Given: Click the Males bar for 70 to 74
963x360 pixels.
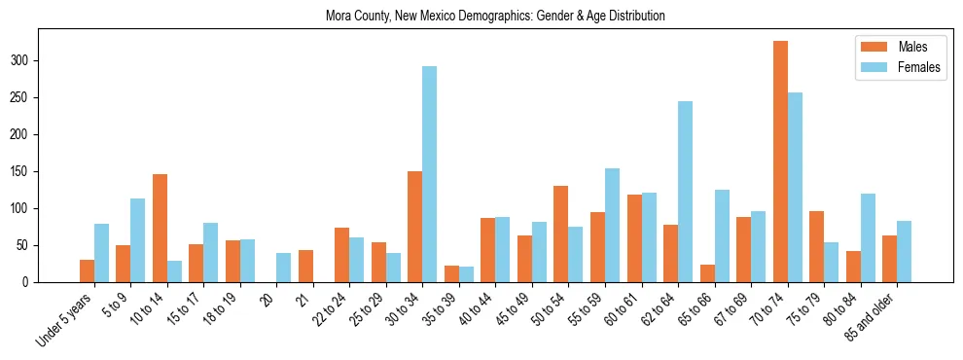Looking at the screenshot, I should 780,162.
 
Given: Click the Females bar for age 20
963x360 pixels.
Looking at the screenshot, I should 283,268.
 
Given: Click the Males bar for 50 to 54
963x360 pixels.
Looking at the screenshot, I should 561,234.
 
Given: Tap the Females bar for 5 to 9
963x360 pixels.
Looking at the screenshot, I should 137,240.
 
